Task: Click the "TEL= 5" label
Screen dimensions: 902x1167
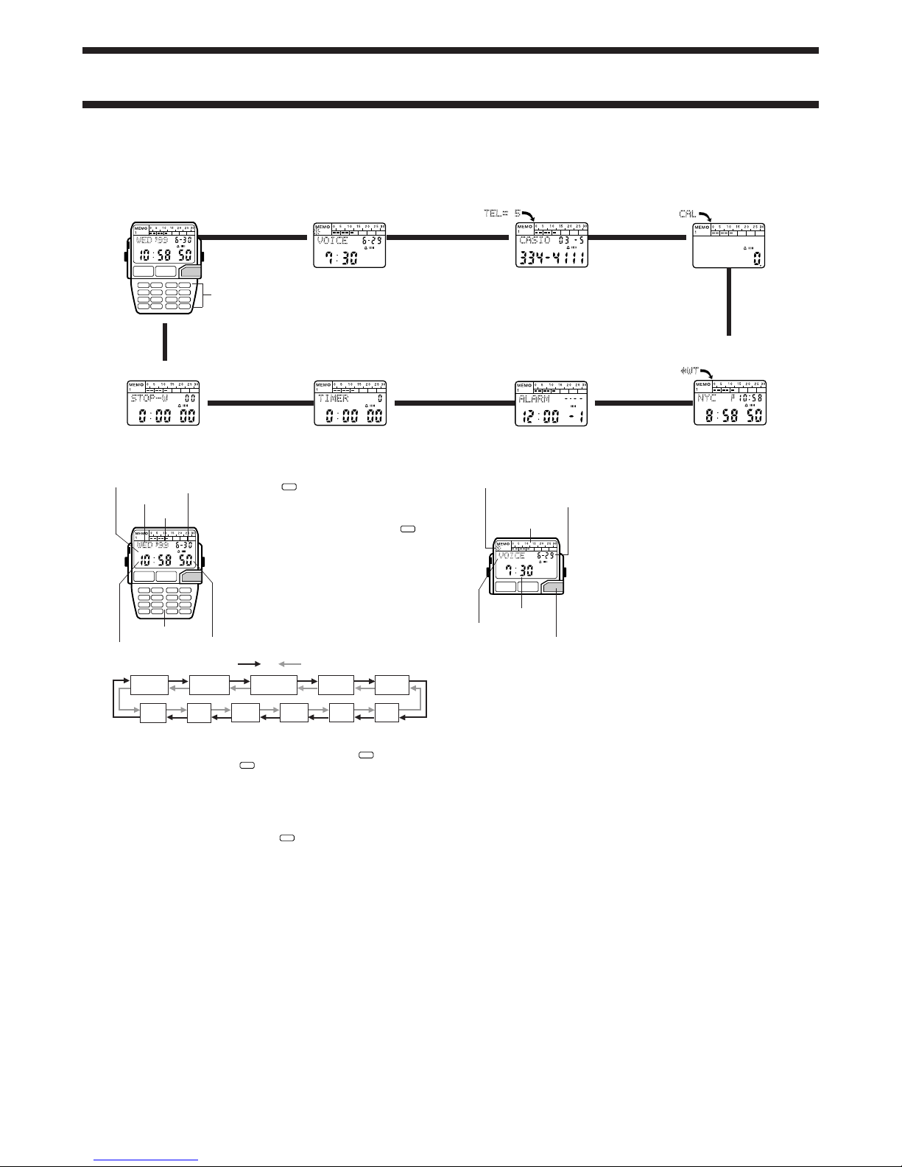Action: tap(507, 213)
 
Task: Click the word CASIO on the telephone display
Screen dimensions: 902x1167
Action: tap(535, 241)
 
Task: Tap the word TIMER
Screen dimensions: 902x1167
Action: tap(333, 398)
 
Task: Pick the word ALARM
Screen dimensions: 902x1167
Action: tap(533, 398)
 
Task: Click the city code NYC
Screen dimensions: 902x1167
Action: tap(707, 398)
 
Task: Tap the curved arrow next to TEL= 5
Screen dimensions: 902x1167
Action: tap(529, 215)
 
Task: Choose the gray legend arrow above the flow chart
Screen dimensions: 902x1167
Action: tap(289, 663)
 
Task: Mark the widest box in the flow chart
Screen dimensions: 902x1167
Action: tap(274, 683)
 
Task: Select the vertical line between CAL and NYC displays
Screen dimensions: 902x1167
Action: tap(728, 303)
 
